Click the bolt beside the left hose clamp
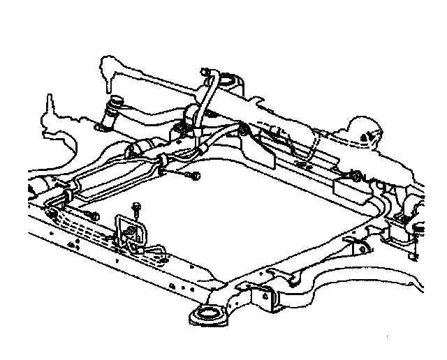(92, 214)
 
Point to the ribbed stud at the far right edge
(422, 229)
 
